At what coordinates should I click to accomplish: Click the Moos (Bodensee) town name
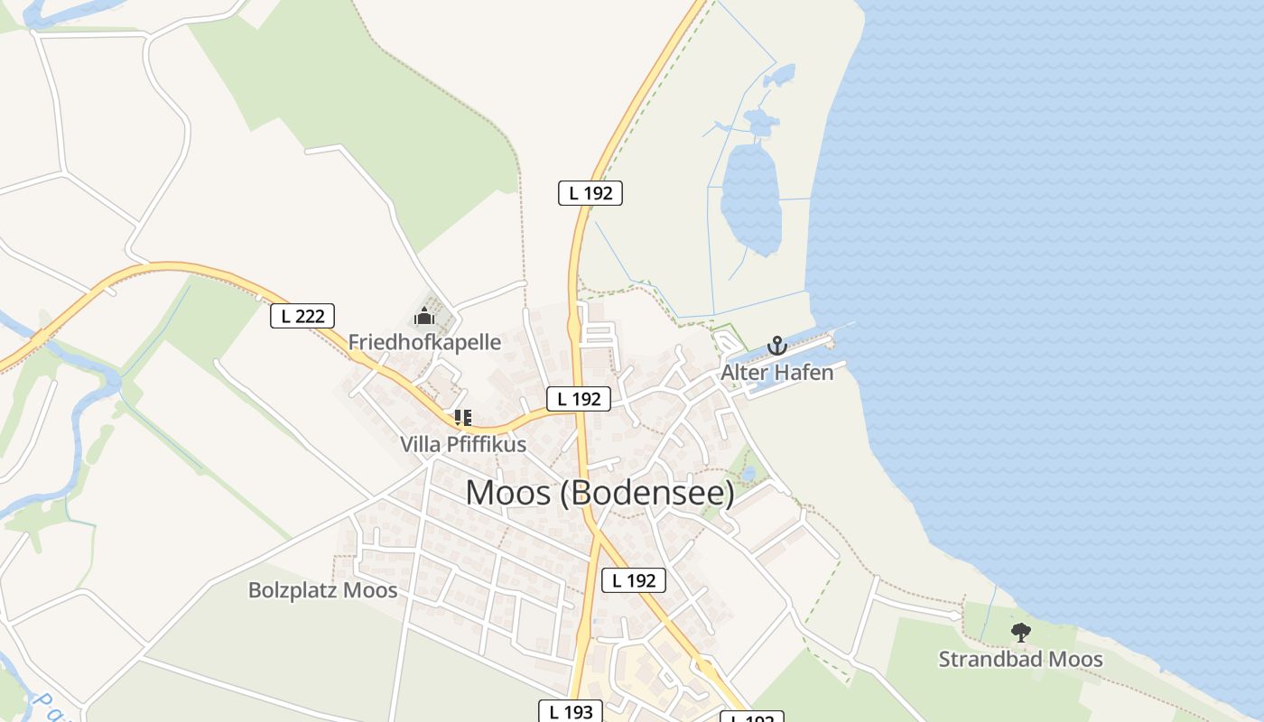(599, 494)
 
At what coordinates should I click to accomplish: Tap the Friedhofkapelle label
(424, 342)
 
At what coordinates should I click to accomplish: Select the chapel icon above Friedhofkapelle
(424, 317)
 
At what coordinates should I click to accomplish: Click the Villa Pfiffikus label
(463, 444)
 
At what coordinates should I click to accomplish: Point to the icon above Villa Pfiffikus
(463, 418)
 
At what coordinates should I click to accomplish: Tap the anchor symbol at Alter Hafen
(776, 346)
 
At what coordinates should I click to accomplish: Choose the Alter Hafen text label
(776, 372)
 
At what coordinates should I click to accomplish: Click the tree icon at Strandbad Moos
(1020, 633)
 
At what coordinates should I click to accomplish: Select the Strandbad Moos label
(1020, 660)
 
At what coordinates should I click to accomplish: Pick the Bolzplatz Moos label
(322, 590)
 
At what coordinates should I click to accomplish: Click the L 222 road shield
(302, 316)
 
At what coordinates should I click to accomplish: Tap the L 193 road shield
(571, 712)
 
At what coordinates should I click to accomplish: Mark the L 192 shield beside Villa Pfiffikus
(578, 399)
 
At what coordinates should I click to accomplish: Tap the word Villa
(420, 444)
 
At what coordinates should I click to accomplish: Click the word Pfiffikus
(485, 444)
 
